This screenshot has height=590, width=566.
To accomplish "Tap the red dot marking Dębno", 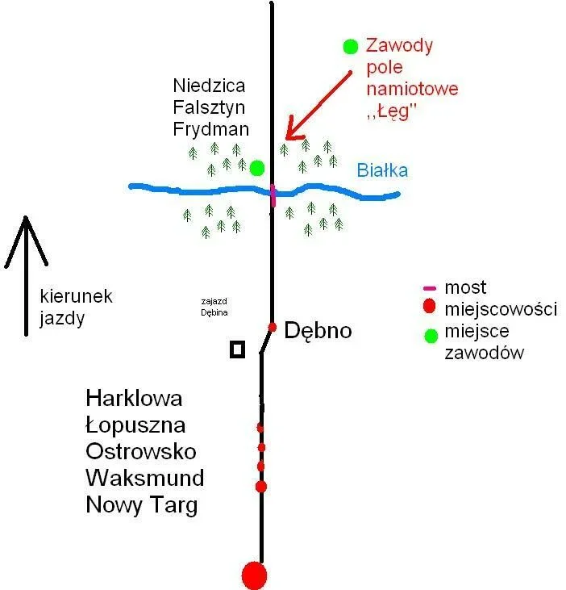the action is (272, 328).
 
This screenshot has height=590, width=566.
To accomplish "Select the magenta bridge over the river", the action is (273, 195).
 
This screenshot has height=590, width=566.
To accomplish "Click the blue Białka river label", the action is (382, 170).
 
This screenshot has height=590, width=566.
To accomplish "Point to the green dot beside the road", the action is (257, 168).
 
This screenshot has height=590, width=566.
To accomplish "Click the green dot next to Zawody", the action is (350, 46).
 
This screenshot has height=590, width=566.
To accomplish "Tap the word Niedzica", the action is (209, 86).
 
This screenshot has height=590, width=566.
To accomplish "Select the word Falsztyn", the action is (209, 107).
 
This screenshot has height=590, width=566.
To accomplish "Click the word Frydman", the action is (211, 129).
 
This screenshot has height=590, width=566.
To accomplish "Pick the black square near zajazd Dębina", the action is (238, 349).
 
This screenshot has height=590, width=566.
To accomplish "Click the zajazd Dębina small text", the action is (214, 307).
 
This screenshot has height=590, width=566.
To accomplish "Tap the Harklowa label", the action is (134, 398).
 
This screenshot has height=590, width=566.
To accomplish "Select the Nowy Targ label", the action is (142, 505).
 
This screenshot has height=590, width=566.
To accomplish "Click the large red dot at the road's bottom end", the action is (255, 575).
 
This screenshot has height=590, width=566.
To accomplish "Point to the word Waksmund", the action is (145, 478).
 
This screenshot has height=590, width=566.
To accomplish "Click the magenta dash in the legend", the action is (430, 289).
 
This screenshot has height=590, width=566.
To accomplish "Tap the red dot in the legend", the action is (429, 306).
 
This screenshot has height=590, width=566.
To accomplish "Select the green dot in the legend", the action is (431, 336).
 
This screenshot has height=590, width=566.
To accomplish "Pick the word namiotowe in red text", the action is (412, 89).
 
